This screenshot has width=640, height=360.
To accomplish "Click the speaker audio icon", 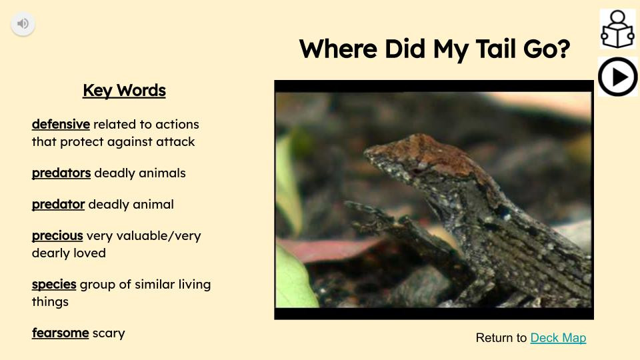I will click(23, 24).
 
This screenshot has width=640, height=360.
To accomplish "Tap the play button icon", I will click(617, 77).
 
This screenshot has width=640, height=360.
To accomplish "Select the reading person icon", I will click(617, 29).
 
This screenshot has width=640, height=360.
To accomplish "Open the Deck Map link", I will click(558, 338).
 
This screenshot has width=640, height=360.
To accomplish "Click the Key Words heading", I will click(124, 91).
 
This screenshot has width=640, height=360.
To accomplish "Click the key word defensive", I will click(61, 125).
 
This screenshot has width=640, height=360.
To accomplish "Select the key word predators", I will click(61, 173).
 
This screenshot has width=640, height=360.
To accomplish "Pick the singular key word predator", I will click(58, 205).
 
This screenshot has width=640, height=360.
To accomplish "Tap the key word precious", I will click(57, 236).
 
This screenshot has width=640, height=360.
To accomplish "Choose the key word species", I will click(54, 285).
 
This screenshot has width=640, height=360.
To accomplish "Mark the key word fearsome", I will click(60, 333).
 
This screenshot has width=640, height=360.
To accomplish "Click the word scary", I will click(109, 333).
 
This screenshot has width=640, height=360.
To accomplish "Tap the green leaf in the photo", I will click(293, 280).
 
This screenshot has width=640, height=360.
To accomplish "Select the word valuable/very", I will click(166, 236).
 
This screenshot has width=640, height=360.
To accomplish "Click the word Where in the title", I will click(339, 49).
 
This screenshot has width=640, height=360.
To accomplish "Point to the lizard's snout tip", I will click(368, 152).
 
